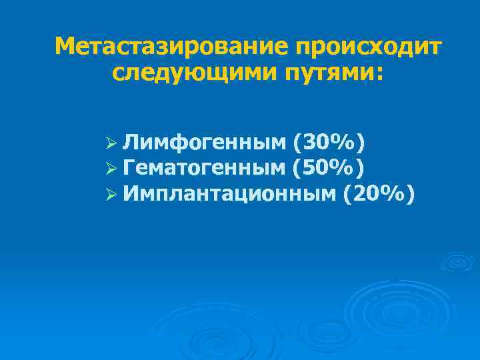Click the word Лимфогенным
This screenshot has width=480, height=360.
205,142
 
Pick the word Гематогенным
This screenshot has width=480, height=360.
206,168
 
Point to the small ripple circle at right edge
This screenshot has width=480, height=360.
457,261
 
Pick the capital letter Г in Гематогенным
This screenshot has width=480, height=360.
130,168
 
